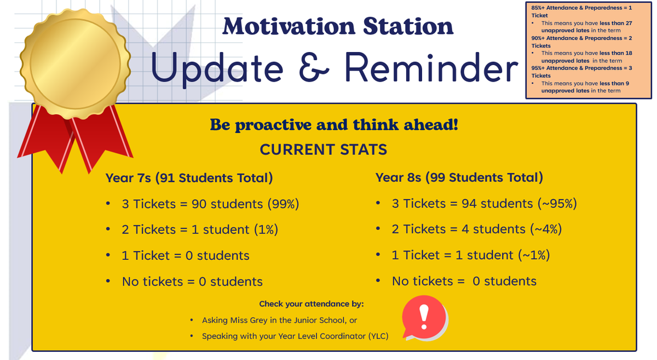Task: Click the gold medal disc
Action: [x=76, y=63]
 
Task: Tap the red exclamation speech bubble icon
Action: [x=425, y=318]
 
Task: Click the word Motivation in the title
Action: [x=289, y=26]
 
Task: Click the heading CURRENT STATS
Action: [x=324, y=149]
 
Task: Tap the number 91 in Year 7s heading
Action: [x=168, y=178]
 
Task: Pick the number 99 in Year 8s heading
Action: [x=437, y=177]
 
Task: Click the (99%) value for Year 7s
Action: [x=284, y=204]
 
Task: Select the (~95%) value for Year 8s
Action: [x=557, y=204]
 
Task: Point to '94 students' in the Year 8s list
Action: [x=497, y=204]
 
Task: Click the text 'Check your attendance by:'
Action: [x=312, y=304]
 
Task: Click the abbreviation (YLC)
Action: [x=378, y=336]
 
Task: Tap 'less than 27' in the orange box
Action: [x=615, y=23]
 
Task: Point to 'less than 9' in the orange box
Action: [x=614, y=83]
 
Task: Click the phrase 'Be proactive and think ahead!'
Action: [x=334, y=125]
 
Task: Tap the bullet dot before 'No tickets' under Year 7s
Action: [x=108, y=281]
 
